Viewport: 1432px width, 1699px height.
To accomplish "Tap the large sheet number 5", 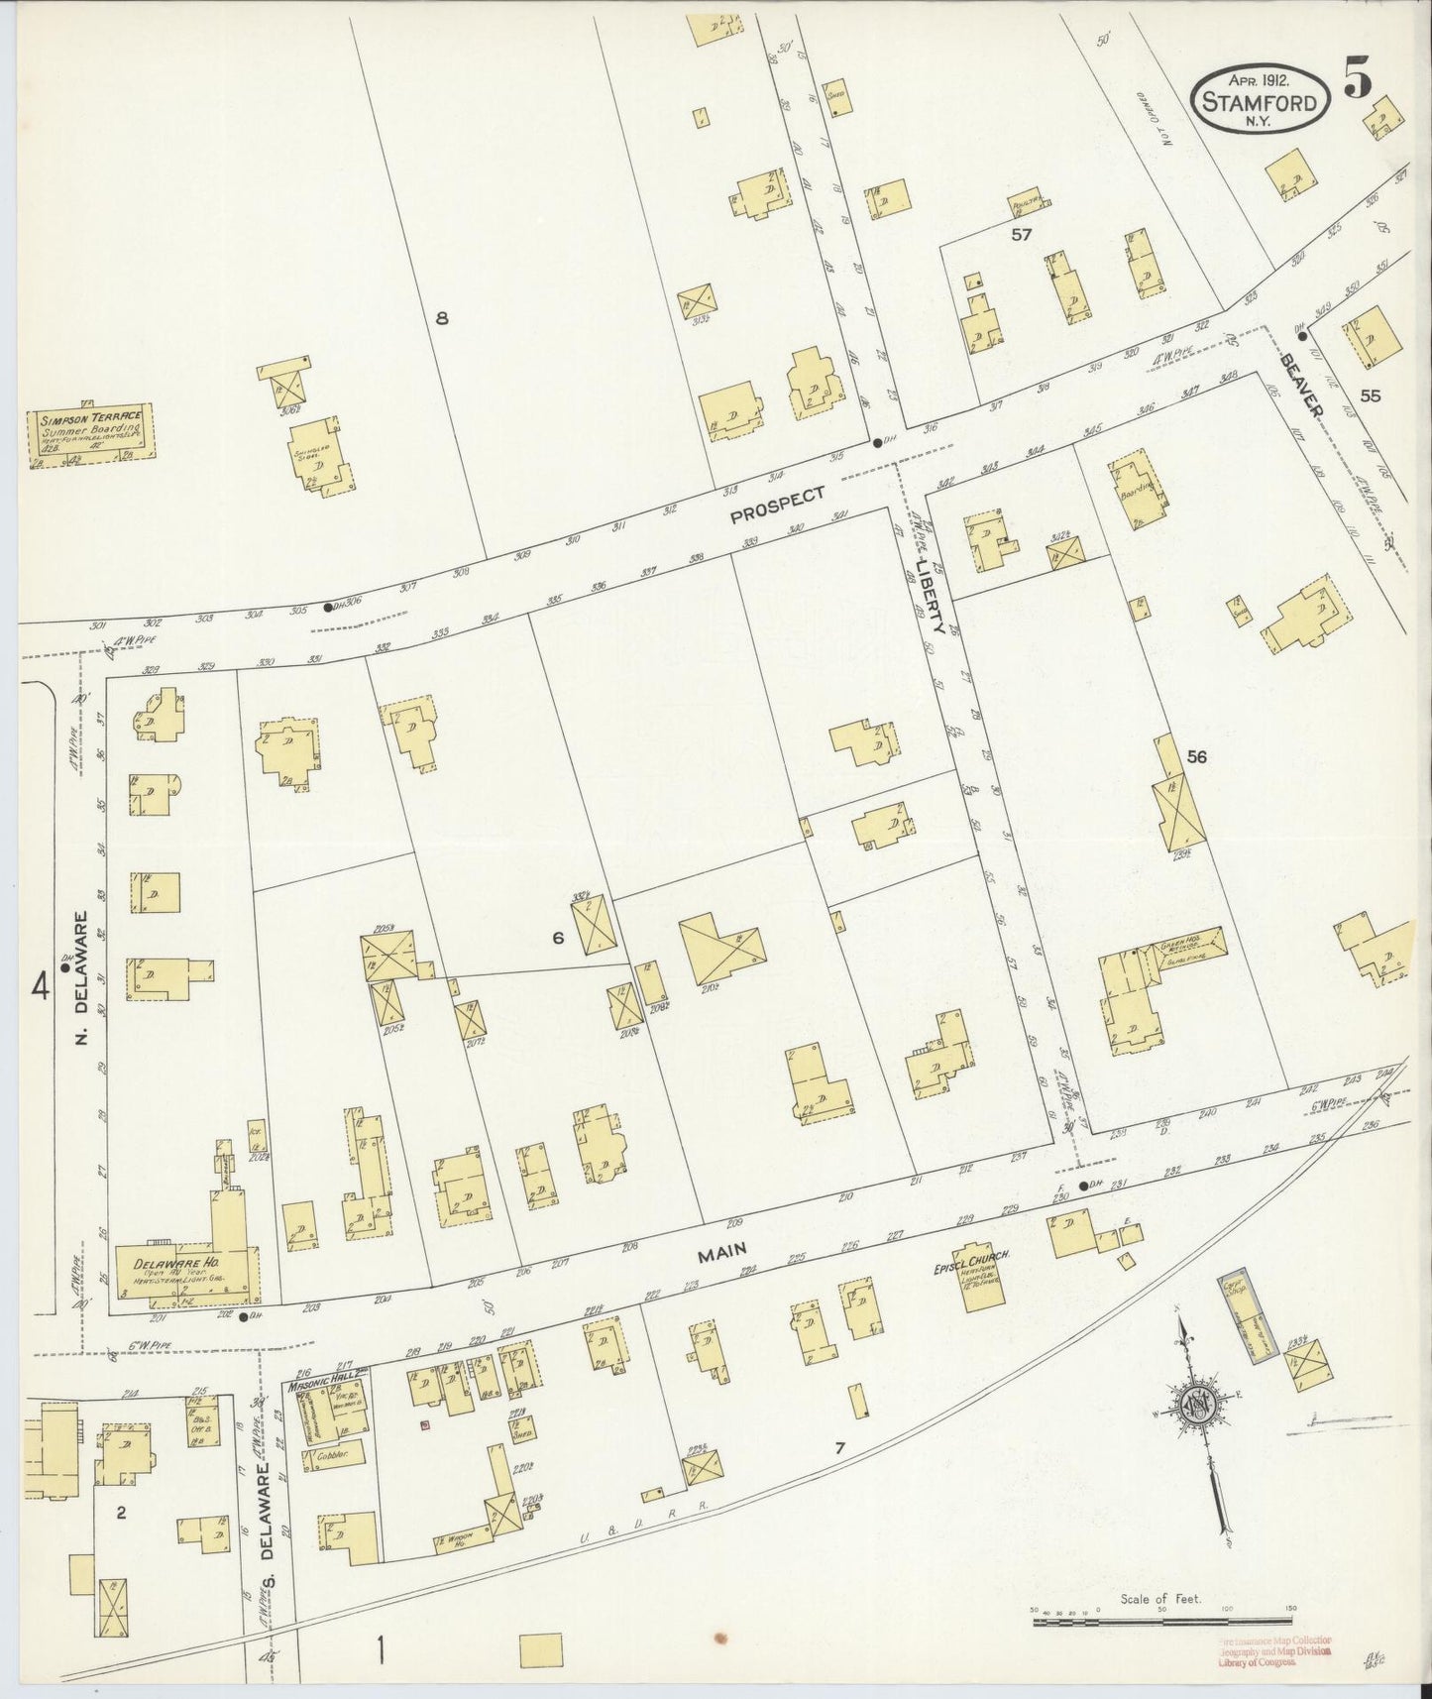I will pos(1360,79).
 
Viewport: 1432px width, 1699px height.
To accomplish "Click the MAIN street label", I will pos(721,1255).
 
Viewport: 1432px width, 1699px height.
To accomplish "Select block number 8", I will pos(442,318).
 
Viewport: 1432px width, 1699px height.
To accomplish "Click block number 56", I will pos(1196,757).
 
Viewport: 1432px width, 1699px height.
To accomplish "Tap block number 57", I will pos(1022,235).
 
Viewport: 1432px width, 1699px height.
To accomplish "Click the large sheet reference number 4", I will pos(41,986).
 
